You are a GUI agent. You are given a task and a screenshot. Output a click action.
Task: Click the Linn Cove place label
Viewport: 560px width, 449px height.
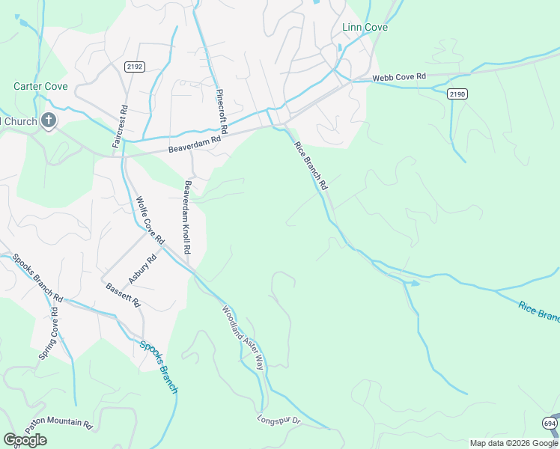[365, 28]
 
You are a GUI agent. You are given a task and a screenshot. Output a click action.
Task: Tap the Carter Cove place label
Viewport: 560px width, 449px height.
[40, 87]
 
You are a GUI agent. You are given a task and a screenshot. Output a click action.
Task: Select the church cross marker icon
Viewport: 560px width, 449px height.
[49, 120]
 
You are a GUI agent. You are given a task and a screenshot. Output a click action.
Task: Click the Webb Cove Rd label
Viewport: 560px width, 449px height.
[400, 77]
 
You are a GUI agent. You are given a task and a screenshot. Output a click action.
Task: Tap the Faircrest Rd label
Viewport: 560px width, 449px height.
[118, 126]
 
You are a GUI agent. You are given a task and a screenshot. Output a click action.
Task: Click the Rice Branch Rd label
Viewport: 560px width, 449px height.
[311, 165]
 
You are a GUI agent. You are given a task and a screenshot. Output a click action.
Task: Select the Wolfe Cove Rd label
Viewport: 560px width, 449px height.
[150, 219]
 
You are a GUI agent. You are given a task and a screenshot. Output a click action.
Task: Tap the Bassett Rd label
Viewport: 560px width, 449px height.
[124, 296]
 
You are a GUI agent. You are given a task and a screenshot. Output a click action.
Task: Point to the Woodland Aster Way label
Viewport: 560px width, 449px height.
[243, 338]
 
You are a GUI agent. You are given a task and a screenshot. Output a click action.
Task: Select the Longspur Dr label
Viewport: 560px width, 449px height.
[279, 421]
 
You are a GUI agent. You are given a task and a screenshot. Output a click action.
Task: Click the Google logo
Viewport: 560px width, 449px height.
[25, 440]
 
